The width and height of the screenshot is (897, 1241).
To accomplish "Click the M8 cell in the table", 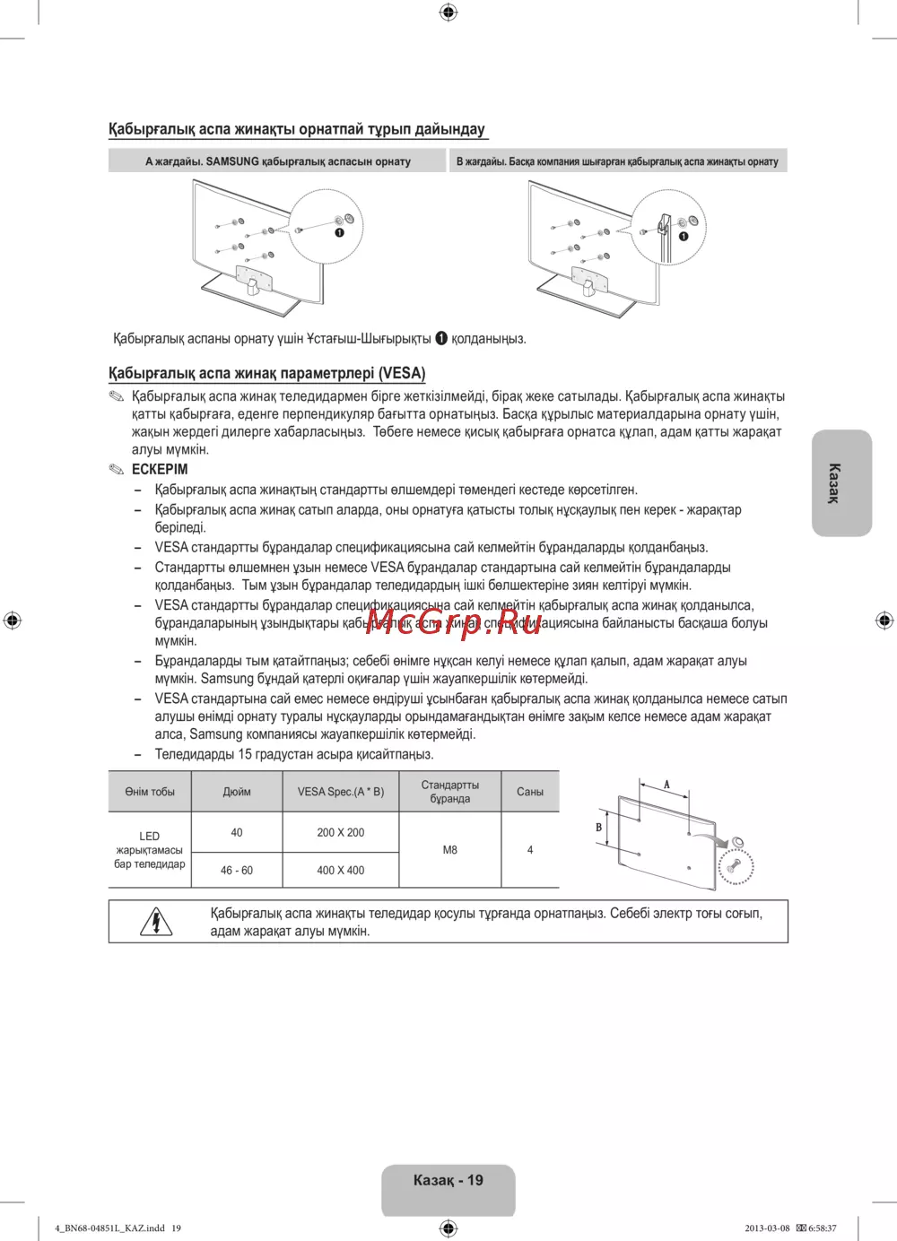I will coord(449,850).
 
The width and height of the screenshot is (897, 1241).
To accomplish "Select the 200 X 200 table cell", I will coord(341,832).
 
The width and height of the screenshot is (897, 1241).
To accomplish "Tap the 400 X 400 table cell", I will coord(341,870).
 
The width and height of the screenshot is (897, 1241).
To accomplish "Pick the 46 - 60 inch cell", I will coord(237,870).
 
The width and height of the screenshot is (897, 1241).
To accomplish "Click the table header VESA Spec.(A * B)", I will coord(341,792).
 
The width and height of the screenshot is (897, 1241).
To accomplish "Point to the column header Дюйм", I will coord(237,792).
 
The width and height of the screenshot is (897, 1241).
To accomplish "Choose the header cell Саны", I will coord(530,792).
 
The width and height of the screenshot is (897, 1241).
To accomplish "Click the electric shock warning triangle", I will coord(156,922).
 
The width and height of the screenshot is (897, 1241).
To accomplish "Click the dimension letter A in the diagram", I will coord(666,785).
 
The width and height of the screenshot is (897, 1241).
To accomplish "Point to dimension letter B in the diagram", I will coord(598,828).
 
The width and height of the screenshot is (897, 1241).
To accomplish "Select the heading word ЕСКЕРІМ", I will coord(160,469).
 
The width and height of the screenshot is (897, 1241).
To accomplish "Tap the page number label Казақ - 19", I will coord(448,1180).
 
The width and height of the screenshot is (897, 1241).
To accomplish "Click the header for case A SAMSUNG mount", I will coord(277,161).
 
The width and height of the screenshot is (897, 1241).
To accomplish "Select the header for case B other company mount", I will coord(617,161).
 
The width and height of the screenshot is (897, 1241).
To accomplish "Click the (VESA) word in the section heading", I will coord(402,373).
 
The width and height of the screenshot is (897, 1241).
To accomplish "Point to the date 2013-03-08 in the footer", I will coord(767,1228).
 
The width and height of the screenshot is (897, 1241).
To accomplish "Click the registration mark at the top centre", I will coord(448,12).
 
